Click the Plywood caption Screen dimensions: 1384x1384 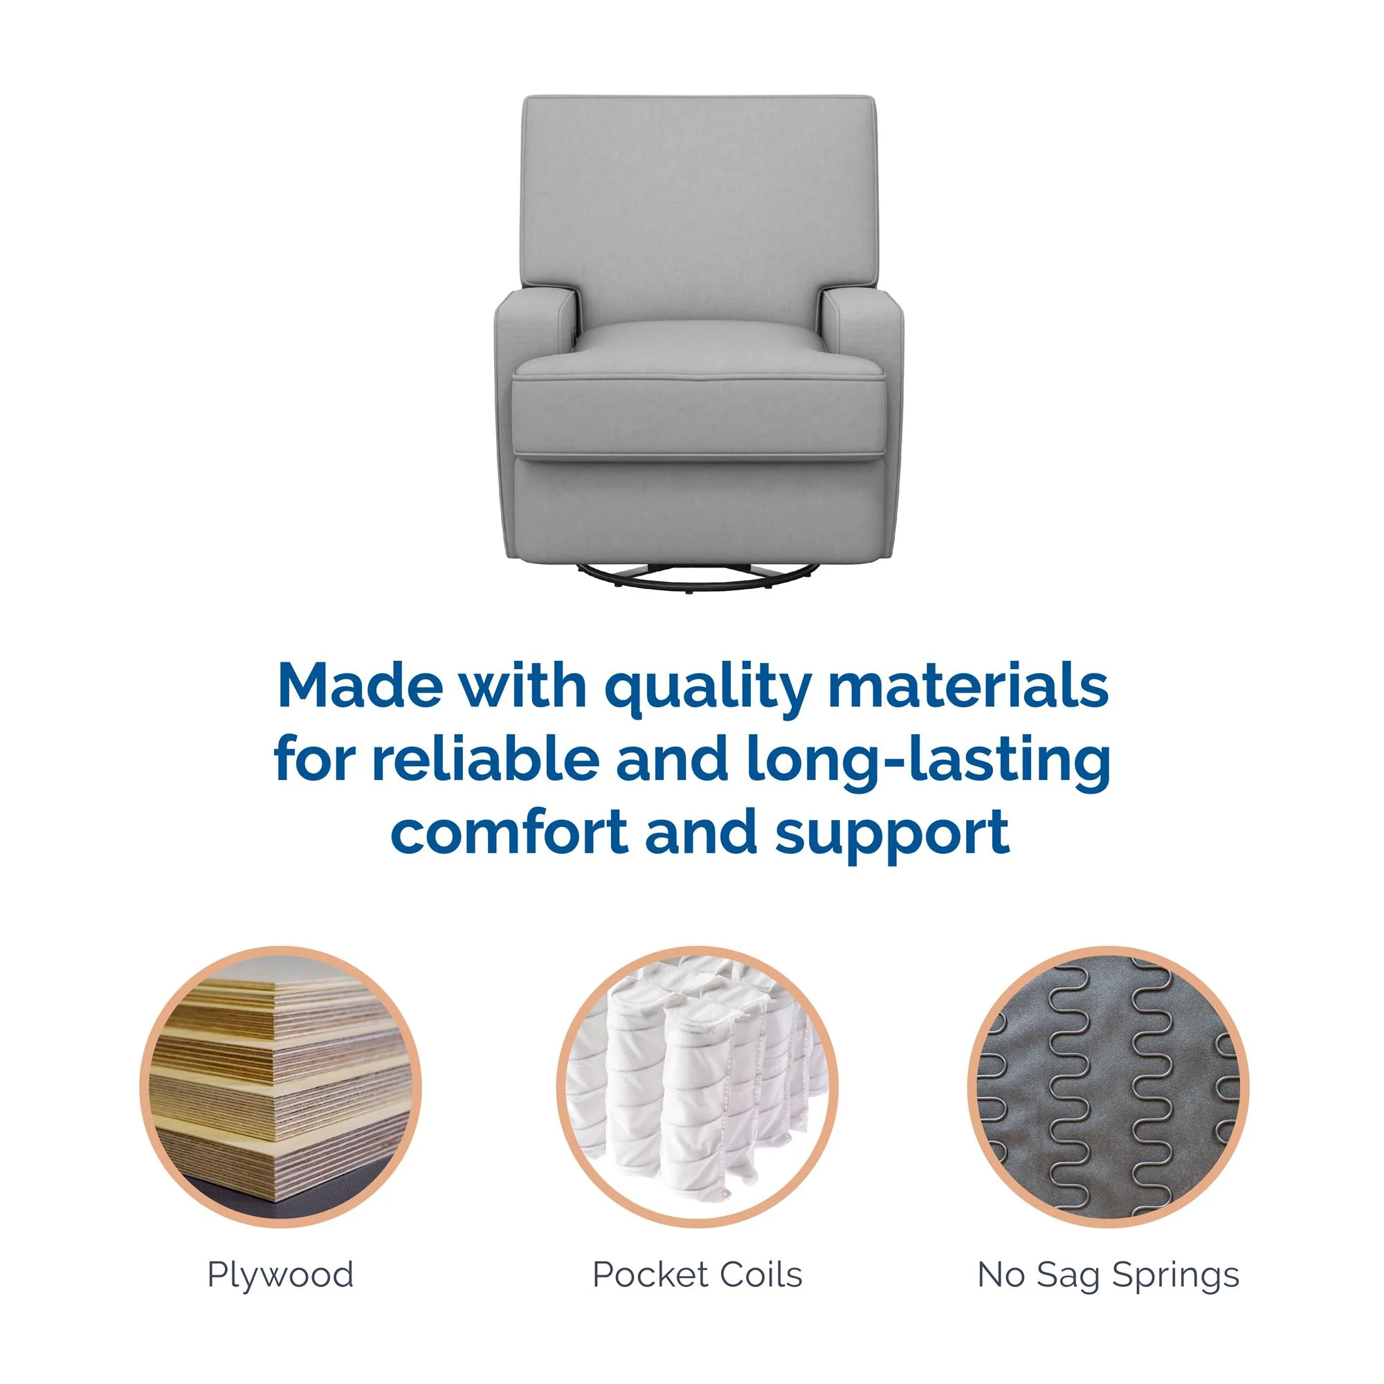[x=280, y=1275]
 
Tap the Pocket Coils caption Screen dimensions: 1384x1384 [x=697, y=1275]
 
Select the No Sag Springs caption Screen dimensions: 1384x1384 [x=1108, y=1275]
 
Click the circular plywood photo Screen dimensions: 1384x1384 [x=281, y=1086]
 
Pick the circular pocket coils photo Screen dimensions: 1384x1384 [x=697, y=1086]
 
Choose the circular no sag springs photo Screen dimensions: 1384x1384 [x=1108, y=1086]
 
